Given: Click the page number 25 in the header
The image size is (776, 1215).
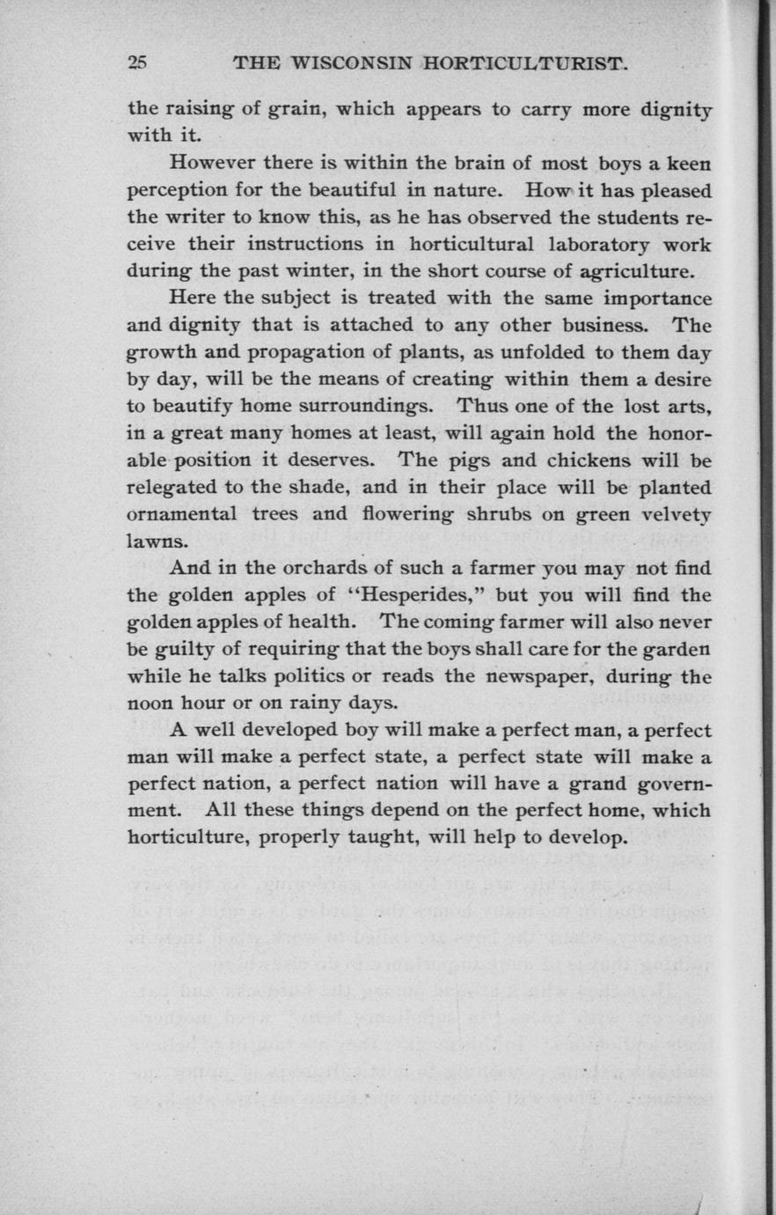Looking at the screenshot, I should pyautogui.click(x=138, y=63).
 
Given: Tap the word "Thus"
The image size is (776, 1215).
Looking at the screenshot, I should pyautogui.click(x=480, y=406).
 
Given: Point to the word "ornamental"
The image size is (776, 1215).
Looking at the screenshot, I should pyautogui.click(x=182, y=514).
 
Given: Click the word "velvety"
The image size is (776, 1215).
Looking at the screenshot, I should pyautogui.click(x=673, y=514).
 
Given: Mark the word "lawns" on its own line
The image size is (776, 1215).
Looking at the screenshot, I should pyautogui.click(x=157, y=541).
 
